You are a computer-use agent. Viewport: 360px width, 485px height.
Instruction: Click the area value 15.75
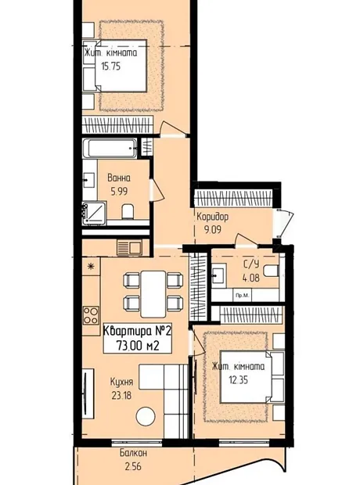click(111, 66)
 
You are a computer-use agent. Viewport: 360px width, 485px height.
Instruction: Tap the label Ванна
click(119, 178)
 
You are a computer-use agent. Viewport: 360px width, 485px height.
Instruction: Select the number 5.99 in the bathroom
click(119, 192)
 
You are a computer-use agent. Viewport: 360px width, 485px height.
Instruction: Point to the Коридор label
click(213, 217)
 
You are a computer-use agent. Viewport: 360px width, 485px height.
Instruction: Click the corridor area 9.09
click(213, 230)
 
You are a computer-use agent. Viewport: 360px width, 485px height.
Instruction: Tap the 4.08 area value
click(251, 278)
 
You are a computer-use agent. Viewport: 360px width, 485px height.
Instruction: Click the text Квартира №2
click(137, 331)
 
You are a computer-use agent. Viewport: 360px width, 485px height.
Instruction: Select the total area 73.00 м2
click(138, 345)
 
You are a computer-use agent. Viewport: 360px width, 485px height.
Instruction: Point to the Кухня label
click(121, 382)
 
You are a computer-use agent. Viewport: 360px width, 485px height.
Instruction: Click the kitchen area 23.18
click(121, 395)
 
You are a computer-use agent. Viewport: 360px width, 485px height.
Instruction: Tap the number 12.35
click(239, 379)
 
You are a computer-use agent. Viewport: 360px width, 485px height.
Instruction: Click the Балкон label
click(133, 453)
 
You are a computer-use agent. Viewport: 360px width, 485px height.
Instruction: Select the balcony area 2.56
click(133, 466)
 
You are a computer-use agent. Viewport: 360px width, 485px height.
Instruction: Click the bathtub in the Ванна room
click(110, 148)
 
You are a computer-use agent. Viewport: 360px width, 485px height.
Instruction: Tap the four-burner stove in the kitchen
click(91, 315)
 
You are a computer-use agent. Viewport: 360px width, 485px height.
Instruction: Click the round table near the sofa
click(146, 416)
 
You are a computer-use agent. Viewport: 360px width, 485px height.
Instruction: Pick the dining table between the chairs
click(153, 294)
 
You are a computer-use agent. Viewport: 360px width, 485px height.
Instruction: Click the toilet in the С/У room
click(272, 271)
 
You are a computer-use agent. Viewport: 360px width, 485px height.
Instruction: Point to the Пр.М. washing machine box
click(243, 296)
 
